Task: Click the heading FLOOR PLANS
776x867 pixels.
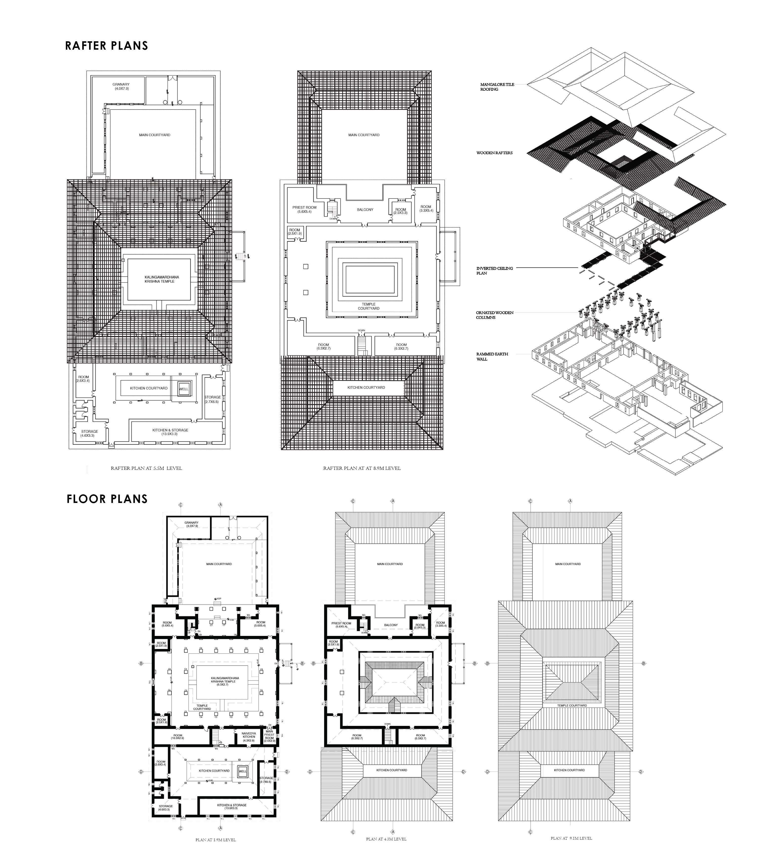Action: pyautogui.click(x=107, y=499)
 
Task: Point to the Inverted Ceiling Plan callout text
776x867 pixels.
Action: pyautogui.click(x=495, y=271)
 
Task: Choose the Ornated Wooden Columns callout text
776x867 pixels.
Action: pyautogui.click(x=495, y=315)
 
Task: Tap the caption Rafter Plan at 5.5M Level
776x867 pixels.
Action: pyautogui.click(x=146, y=468)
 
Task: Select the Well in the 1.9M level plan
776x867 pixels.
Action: pyautogui.click(x=243, y=771)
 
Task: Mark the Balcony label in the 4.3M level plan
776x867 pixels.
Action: pyautogui.click(x=390, y=625)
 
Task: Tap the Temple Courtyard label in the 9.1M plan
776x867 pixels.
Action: pyautogui.click(x=572, y=705)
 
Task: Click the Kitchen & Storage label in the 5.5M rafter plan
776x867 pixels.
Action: pyautogui.click(x=170, y=432)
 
